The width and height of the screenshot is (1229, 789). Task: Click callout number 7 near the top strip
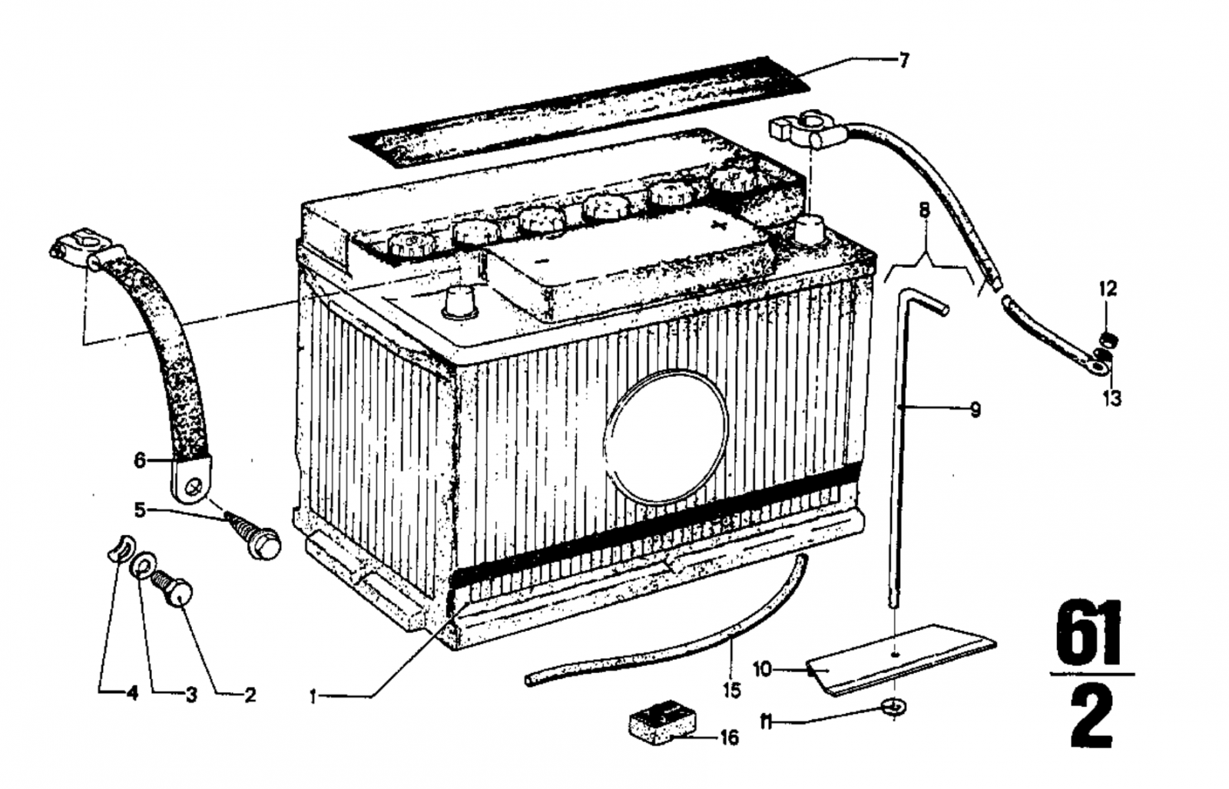click(x=903, y=61)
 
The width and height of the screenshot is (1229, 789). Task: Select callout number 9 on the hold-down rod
click(x=975, y=410)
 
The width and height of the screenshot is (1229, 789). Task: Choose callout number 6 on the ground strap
click(x=139, y=461)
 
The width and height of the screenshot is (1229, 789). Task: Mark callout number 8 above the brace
click(x=924, y=209)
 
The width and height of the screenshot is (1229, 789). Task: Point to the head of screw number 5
click(x=267, y=545)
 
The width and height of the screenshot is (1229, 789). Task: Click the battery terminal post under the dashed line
click(x=810, y=228)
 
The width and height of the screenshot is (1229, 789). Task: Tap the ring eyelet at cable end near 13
click(x=1098, y=367)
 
